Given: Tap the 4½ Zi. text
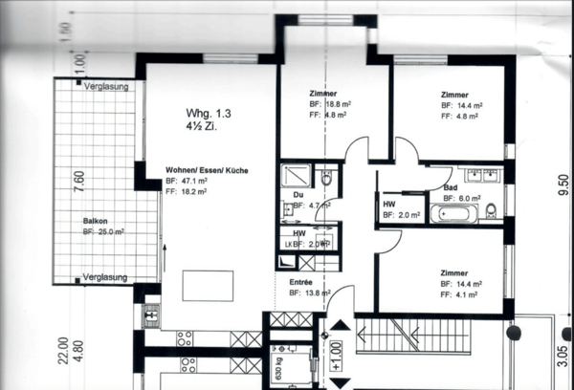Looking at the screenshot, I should (201, 125).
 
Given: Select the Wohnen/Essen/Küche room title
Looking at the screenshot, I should (207, 169).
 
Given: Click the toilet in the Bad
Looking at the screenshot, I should (491, 210).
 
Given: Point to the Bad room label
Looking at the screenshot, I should (451, 187).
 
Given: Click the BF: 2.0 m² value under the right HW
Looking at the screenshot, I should (401, 216).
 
